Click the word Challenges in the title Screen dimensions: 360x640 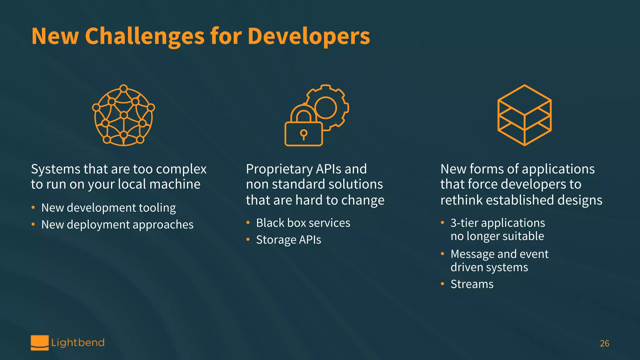click(144, 37)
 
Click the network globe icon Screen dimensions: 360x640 click(124, 115)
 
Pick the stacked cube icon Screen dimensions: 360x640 click(524, 115)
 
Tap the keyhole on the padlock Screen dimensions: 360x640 click(303, 134)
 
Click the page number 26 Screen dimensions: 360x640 click(604, 343)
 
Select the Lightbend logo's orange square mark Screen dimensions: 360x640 click(40, 342)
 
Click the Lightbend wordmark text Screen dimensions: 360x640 click(78, 342)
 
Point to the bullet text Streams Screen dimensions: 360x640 click(472, 284)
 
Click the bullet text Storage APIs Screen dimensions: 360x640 click(288, 240)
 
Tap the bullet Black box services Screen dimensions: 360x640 click(303, 223)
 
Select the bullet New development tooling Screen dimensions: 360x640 click(108, 208)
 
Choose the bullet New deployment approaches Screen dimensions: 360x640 click(117, 225)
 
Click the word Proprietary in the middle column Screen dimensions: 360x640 click(279, 169)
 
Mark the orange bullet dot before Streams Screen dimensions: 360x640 click(442, 284)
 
